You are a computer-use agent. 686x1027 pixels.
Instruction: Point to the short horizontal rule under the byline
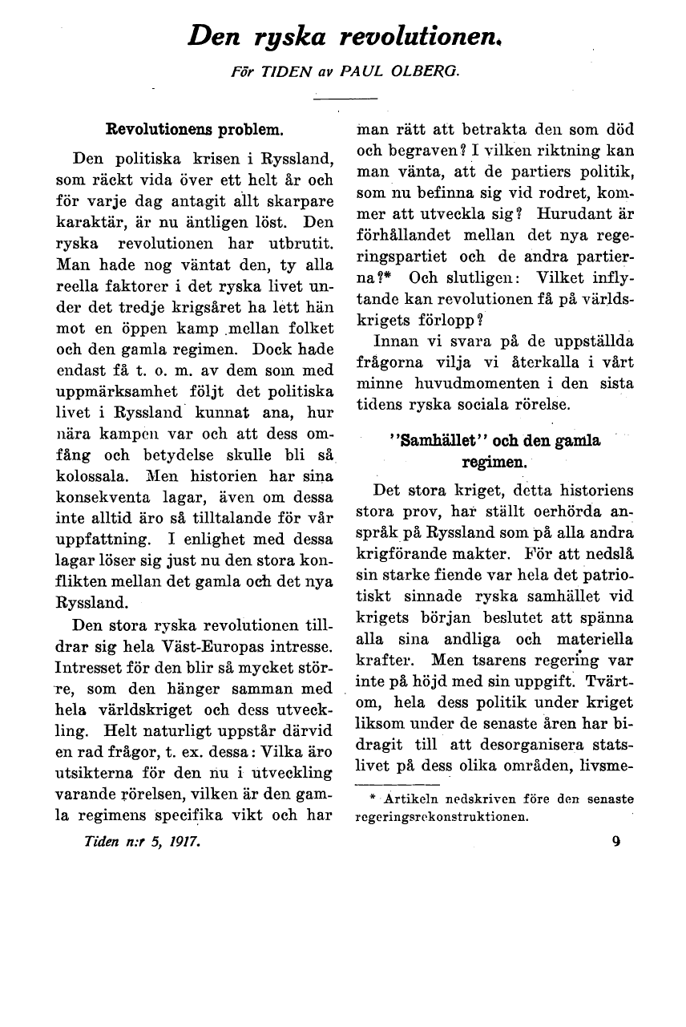click(x=345, y=98)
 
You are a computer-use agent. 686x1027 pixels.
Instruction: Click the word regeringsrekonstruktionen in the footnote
click(x=440, y=818)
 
